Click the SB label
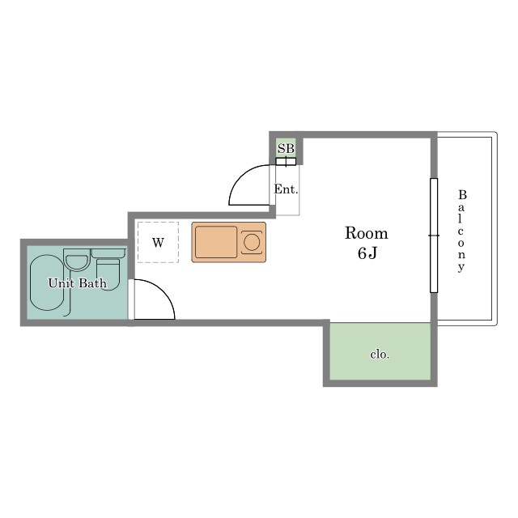[x=286, y=149]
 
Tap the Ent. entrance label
[x=286, y=189]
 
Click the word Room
[x=367, y=233]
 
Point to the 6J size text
[x=367, y=253]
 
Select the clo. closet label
[x=380, y=355]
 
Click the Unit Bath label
[x=78, y=283]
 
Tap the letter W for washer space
[x=159, y=243]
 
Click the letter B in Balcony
[x=462, y=195]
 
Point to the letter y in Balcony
[x=461, y=267]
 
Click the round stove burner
[x=252, y=242]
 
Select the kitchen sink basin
[x=216, y=242]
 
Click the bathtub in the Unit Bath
[x=47, y=282]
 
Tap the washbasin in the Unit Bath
[x=77, y=261]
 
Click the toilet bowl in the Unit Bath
[x=108, y=275]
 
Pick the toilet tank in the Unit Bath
[x=108, y=253]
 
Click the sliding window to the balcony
[x=434, y=236]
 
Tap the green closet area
[x=380, y=351]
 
